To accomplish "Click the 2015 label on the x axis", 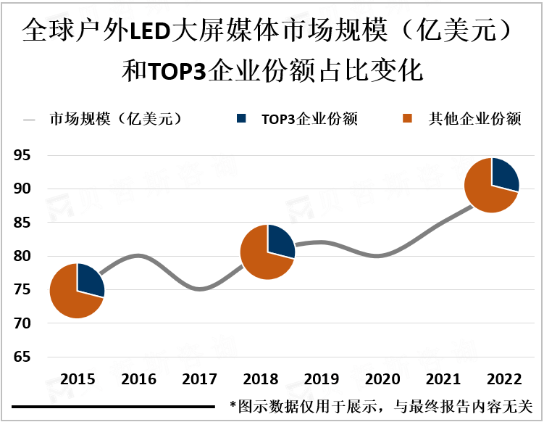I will (x=77, y=380).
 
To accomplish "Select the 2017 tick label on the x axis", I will (x=199, y=380).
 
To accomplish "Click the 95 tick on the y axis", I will (x=22, y=155).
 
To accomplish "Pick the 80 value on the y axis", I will (x=22, y=256).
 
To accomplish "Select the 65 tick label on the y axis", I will (x=22, y=357).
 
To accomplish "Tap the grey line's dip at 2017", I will (x=200, y=289).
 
